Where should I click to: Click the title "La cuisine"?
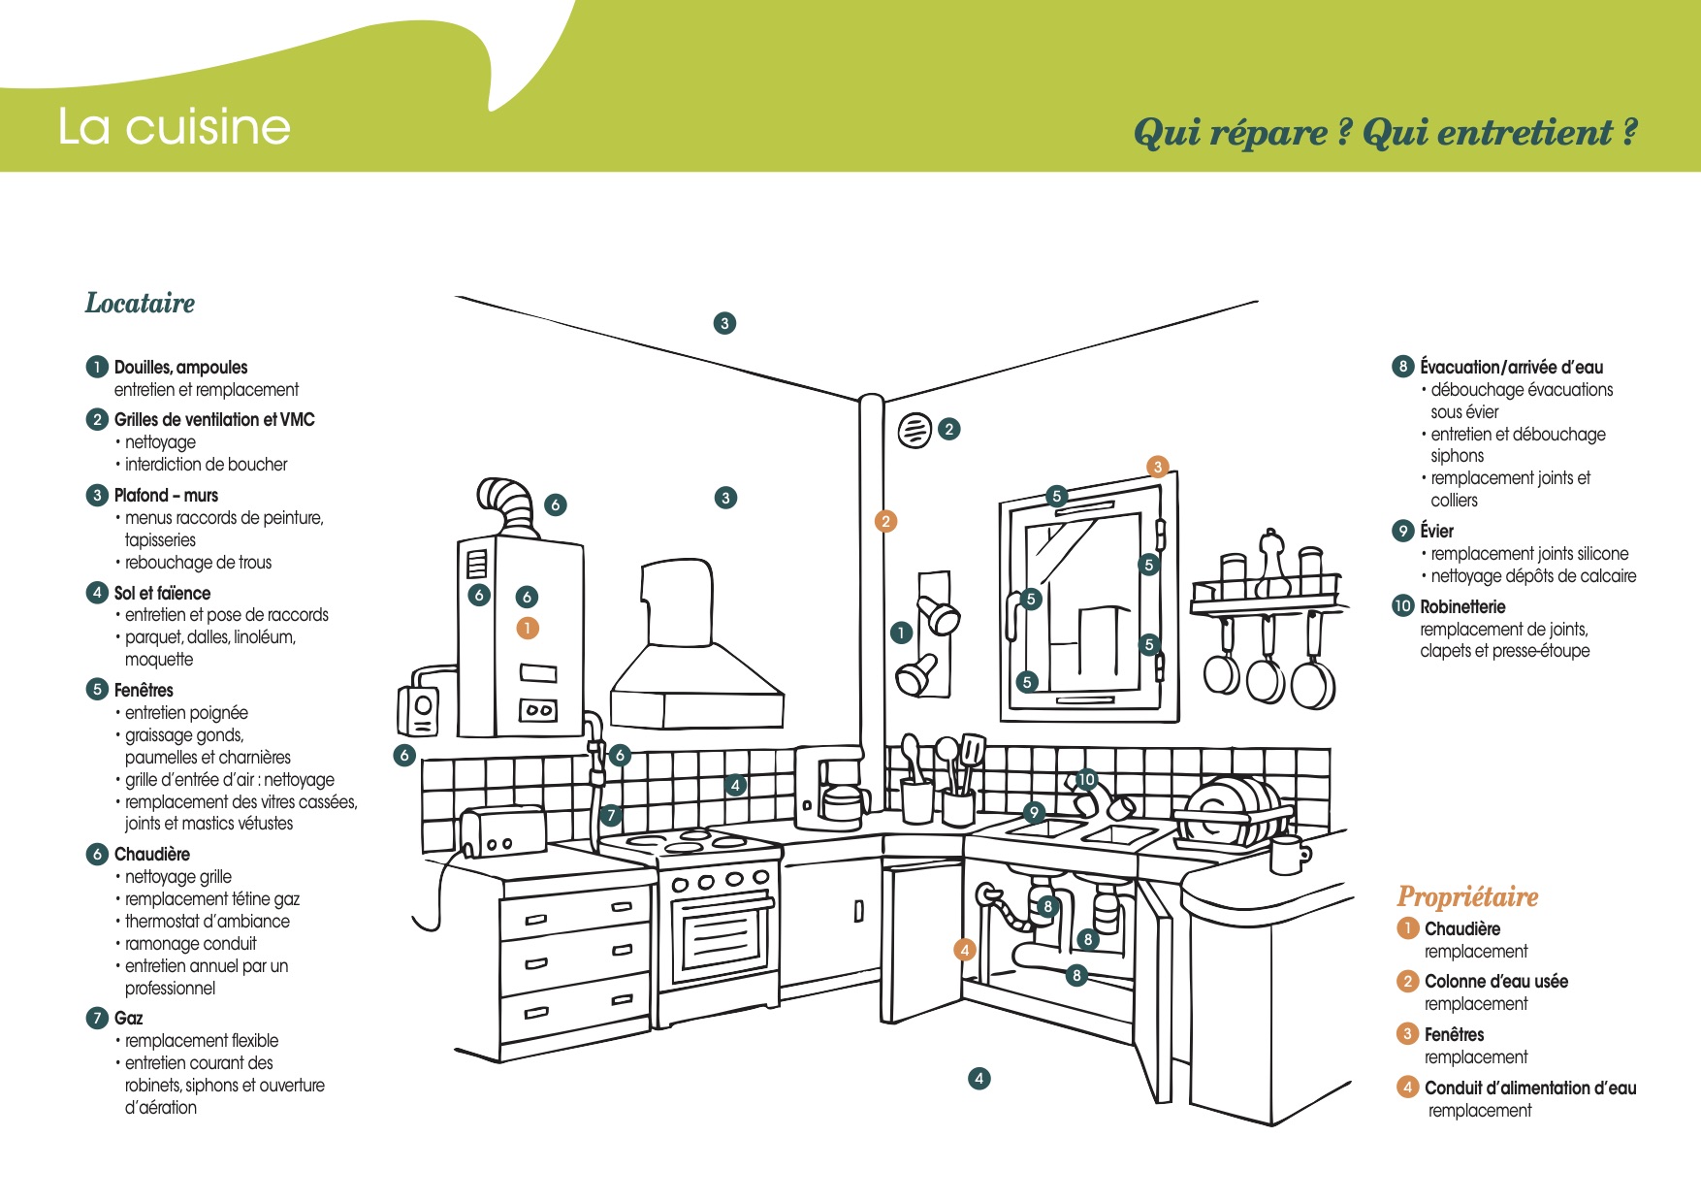175,127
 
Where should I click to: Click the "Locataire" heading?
141,303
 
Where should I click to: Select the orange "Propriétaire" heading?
1467,897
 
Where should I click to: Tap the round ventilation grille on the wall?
915,430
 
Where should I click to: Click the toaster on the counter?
502,832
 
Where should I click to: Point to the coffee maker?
830,787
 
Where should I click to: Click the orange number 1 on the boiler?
527,628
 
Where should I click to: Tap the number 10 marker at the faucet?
1086,779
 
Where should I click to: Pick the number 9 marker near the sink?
1034,812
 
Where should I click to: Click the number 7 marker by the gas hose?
611,815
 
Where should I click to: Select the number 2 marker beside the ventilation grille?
949,429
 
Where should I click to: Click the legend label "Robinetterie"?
1462,607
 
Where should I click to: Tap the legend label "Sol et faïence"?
162,593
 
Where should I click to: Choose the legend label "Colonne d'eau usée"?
1496,982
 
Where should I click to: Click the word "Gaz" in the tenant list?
128,1018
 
